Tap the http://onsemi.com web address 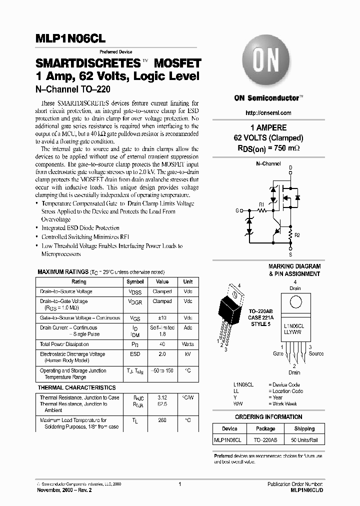tap(268, 113)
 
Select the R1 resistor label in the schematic tap(261, 203)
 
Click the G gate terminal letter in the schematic tap(237, 210)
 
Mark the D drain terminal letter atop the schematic tap(290, 167)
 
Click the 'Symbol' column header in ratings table tap(134, 282)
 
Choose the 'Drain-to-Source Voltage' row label tap(66, 291)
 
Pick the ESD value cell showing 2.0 tap(162, 354)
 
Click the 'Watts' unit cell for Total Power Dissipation tap(187, 344)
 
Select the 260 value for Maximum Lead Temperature tap(162, 420)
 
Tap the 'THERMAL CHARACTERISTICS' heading tap(76, 387)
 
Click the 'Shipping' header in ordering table tap(304, 428)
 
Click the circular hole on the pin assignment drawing tap(295, 302)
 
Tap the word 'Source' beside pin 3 tap(315, 353)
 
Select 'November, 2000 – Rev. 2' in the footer tap(65, 490)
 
